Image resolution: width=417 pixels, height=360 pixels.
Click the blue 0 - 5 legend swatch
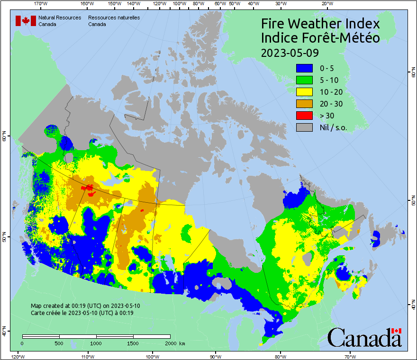tap(304, 68)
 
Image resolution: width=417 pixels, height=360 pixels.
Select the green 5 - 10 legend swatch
tap(304, 80)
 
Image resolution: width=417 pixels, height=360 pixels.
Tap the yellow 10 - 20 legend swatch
tap(304, 92)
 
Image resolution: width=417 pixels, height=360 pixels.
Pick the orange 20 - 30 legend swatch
tap(304, 104)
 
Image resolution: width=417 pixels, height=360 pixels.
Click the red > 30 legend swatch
tap(304, 116)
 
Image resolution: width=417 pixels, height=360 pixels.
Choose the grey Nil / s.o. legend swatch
tap(304, 127)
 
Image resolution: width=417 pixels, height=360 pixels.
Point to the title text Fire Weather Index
tap(320, 24)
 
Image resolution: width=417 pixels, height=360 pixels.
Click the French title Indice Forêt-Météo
tap(320, 38)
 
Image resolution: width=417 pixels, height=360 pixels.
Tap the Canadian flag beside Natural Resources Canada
tap(26, 20)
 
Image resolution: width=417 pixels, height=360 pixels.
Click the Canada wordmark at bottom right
tap(364, 337)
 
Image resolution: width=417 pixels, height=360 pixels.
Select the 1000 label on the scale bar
tap(96, 343)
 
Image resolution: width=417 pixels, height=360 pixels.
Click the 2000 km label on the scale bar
tap(175, 343)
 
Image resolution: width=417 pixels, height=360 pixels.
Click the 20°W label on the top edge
tap(326, 4)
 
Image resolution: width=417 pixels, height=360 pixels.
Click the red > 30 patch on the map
tap(87, 188)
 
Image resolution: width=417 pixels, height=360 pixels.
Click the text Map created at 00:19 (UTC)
tap(85, 306)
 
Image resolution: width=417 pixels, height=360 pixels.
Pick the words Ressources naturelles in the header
tap(113, 17)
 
